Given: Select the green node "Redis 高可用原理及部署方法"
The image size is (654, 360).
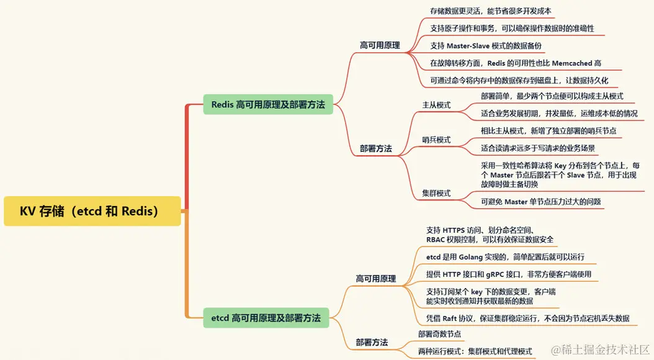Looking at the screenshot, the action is tap(267, 104).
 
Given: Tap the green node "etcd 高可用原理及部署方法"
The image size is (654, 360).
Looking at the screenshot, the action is tap(266, 318).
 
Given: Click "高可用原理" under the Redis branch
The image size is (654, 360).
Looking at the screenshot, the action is tap(380, 45).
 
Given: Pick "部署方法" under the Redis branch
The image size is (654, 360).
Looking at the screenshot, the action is tap(375, 148).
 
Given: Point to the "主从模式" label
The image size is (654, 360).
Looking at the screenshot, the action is tap(436, 105).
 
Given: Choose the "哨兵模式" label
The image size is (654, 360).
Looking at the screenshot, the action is tap(436, 140).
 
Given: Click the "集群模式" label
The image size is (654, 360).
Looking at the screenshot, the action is tap(436, 193).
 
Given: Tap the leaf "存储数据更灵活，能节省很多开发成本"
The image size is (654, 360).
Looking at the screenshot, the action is tap(490, 11).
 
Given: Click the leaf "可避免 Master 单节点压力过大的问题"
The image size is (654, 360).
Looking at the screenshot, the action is tap(540, 201).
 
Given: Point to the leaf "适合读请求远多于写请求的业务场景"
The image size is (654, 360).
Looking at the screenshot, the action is tap(538, 148).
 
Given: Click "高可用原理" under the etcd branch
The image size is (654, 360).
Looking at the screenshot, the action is tap(375, 279).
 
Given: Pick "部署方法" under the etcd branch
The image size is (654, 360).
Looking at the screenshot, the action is tap(372, 342).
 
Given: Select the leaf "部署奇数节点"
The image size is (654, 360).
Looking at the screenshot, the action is tap(439, 334).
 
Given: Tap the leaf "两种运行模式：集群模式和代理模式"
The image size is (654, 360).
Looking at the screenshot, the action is tap(475, 351).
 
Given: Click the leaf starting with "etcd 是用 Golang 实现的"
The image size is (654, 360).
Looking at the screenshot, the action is tap(504, 257).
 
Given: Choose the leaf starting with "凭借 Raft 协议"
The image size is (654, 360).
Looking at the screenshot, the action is tap(527, 318).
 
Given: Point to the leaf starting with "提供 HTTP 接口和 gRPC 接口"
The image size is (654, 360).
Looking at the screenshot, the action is tap(508, 274).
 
